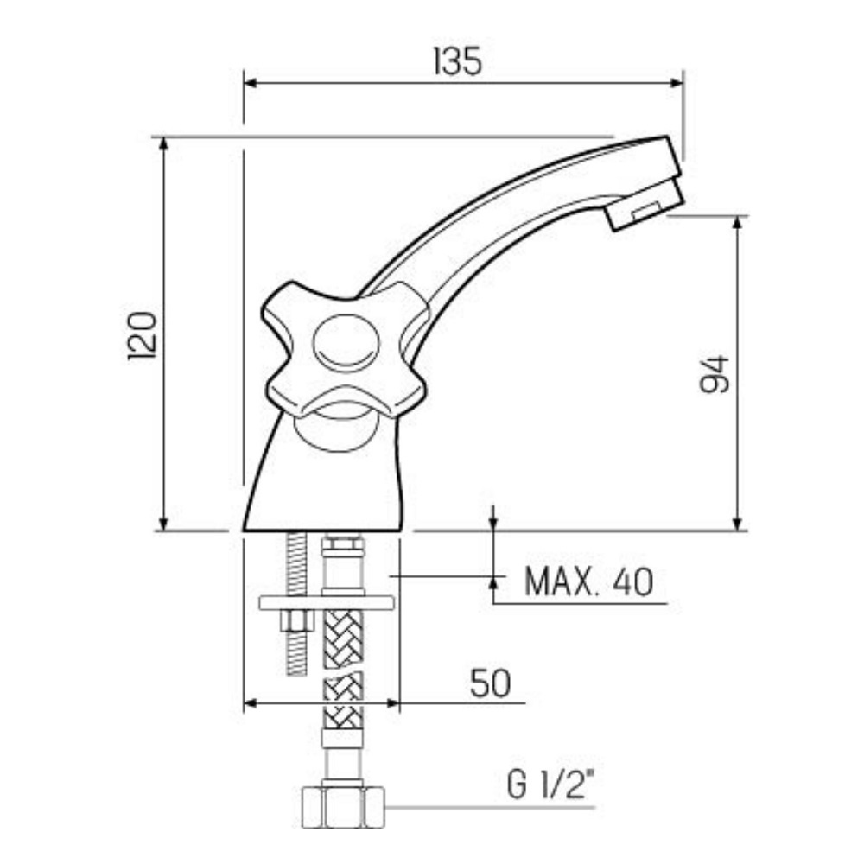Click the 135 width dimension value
click(457, 61)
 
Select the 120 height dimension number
click(143, 336)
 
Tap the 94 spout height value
click(715, 375)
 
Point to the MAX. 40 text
click(588, 581)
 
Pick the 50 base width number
click(490, 683)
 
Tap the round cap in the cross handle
click(346, 343)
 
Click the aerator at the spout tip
click(645, 205)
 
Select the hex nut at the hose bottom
click(343, 807)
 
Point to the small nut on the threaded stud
click(297, 619)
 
